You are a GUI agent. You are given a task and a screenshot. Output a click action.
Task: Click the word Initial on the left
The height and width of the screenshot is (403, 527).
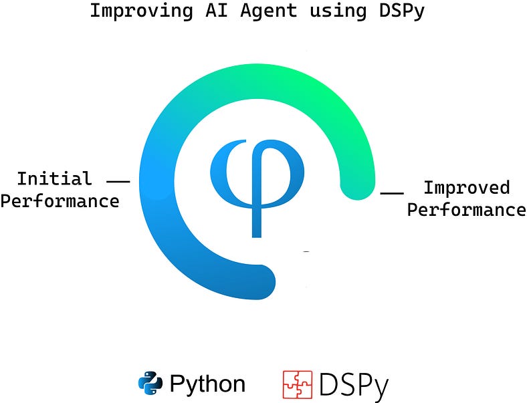pos(54,179)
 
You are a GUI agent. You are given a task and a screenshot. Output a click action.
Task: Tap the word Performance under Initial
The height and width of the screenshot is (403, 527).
pos(60,200)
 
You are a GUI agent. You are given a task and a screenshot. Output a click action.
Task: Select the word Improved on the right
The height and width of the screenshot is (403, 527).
pos(466,188)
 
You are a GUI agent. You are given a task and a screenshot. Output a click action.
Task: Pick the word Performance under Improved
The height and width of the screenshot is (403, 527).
pos(466,210)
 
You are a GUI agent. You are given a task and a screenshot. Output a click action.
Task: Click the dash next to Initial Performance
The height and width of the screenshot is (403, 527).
pos(118,180)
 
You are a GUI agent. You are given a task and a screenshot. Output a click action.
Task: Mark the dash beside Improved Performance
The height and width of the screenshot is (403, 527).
pos(391,193)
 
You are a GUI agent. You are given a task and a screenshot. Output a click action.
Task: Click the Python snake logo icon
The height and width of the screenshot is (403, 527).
pos(150,383)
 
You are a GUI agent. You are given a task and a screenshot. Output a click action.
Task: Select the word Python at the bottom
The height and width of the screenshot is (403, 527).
pos(207,384)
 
